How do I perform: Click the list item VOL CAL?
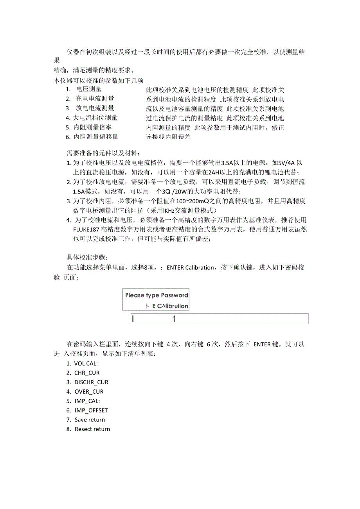[86, 364]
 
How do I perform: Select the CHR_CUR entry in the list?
[87, 373]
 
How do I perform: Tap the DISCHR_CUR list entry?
[91, 382]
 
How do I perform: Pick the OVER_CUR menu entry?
[89, 392]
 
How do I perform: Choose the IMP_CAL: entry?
[87, 401]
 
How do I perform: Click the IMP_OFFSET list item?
[91, 410]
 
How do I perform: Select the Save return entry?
[90, 420]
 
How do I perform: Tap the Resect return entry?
[92, 429]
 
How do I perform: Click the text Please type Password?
[157, 295]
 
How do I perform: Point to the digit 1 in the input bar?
[174, 319]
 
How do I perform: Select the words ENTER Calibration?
[191, 268]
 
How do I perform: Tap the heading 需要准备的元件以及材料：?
[103, 153]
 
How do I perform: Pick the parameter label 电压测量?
[89, 89]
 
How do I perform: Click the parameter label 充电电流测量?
[95, 99]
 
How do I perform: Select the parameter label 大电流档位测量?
[95, 118]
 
